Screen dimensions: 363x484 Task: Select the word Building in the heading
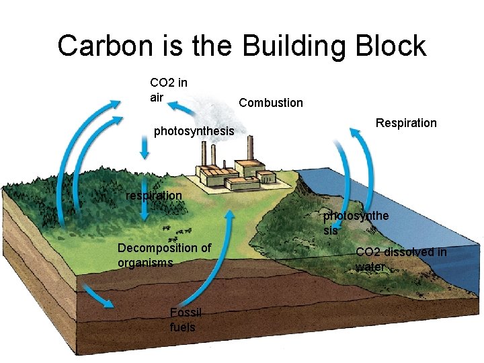pyautogui.click(x=294, y=46)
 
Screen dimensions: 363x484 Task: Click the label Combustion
pyautogui.click(x=271, y=103)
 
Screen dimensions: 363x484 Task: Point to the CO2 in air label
pyautogui.click(x=168, y=90)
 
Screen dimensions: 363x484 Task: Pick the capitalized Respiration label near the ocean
pyautogui.click(x=406, y=123)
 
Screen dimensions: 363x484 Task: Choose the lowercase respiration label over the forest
pyautogui.click(x=154, y=196)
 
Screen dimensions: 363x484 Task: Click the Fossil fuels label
pyautogui.click(x=183, y=320)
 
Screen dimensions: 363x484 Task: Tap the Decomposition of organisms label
pyautogui.click(x=164, y=255)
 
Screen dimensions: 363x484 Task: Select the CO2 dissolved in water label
pyautogui.click(x=401, y=259)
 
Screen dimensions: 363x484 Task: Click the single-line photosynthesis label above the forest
pyautogui.click(x=194, y=131)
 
